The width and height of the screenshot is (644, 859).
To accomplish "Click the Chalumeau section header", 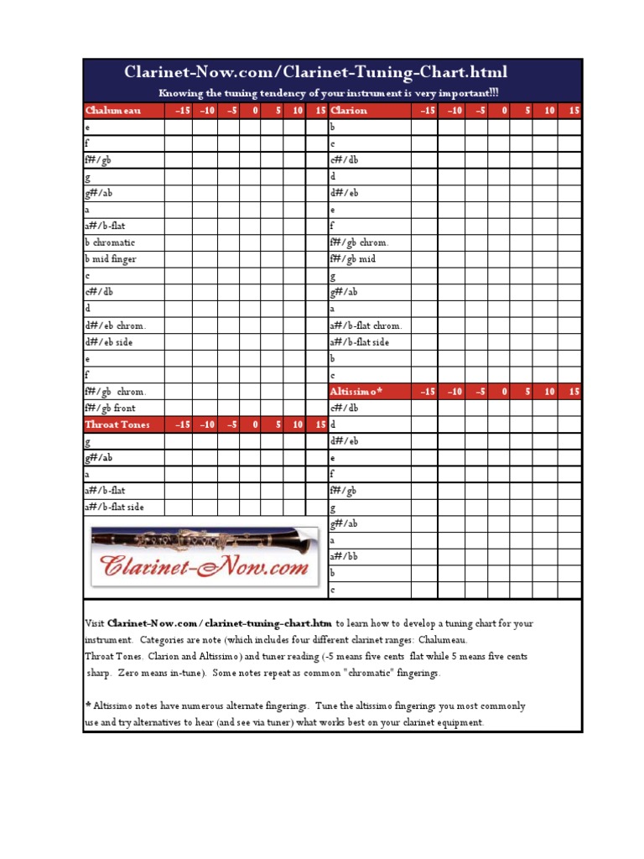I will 113,111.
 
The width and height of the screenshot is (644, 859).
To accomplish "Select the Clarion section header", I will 349,111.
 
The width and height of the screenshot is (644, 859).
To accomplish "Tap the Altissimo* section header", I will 356,392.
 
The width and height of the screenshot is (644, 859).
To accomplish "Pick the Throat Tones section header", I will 117,424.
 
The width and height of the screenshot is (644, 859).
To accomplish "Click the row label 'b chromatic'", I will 110,243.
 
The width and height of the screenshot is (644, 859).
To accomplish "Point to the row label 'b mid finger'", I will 111,259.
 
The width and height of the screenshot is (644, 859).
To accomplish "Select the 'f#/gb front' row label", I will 110,409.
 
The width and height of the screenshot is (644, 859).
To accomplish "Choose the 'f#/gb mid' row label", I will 353,259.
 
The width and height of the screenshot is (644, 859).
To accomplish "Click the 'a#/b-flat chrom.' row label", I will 366,325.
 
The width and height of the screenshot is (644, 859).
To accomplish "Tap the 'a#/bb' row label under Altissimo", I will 345,556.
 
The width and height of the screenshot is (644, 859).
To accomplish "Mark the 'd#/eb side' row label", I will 108,342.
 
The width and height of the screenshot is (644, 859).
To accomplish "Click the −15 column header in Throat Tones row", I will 182,424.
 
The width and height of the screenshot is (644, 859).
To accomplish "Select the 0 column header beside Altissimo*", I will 504,392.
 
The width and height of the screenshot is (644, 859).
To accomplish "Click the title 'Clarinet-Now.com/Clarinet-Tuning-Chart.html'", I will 316,73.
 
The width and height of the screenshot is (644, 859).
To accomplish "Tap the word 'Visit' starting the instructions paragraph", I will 95,624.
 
